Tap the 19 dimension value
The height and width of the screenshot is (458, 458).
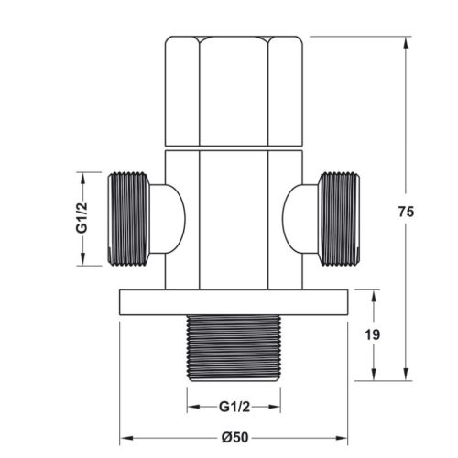coord(373,336)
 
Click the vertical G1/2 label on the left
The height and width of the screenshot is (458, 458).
coord(81,219)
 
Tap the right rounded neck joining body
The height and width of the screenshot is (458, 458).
coord(299,219)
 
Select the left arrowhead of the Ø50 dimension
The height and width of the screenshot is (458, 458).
coord(125,437)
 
